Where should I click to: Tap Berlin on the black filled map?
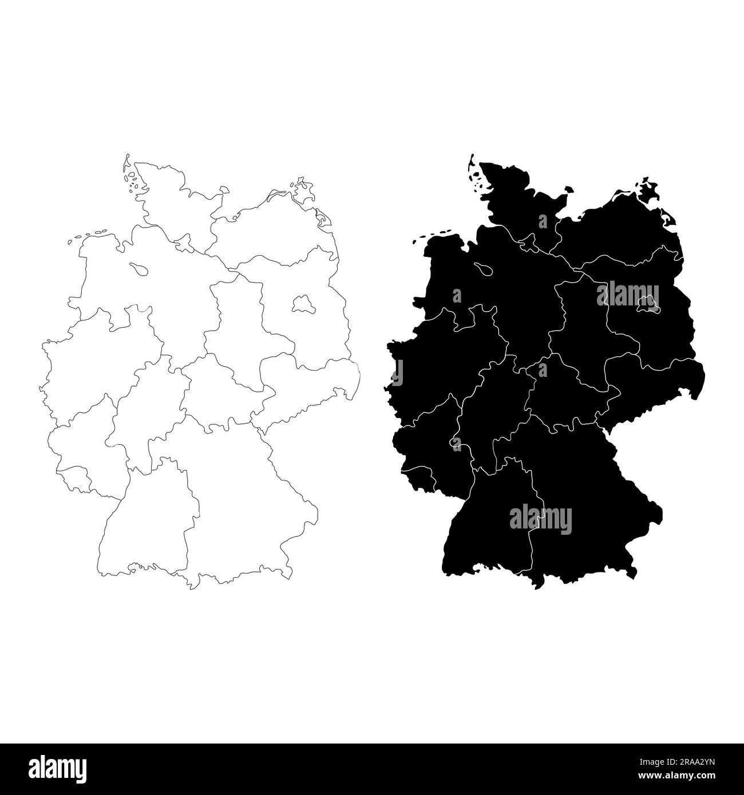(x=646, y=303)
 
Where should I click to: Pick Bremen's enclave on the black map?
(x=484, y=267)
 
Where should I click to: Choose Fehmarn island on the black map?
(x=568, y=190)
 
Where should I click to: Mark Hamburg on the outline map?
(x=184, y=245)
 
